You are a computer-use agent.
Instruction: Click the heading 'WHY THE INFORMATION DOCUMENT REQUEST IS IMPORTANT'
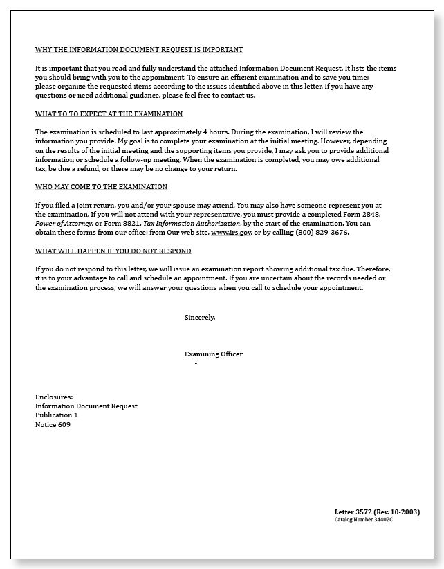[x=139, y=50]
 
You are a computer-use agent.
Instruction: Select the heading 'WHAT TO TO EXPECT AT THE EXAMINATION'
[x=109, y=114]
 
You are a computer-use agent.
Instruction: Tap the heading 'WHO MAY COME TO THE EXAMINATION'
[x=101, y=187]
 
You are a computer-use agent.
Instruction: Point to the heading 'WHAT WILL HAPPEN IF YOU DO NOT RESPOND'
[x=113, y=251]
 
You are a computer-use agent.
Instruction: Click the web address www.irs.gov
[x=231, y=233]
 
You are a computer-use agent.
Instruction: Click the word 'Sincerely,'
[x=200, y=317]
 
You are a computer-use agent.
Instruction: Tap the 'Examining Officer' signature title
[x=214, y=354]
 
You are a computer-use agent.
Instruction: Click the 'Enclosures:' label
[x=54, y=397]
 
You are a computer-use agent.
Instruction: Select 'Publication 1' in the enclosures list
[x=57, y=415]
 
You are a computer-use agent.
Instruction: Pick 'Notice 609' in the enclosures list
[x=53, y=425]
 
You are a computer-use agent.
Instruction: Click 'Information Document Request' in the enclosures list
[x=86, y=406]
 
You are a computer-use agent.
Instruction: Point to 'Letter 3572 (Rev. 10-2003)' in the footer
[x=377, y=512]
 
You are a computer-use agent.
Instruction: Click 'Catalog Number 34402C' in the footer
[x=364, y=519]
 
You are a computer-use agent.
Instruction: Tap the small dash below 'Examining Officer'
[x=196, y=363]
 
